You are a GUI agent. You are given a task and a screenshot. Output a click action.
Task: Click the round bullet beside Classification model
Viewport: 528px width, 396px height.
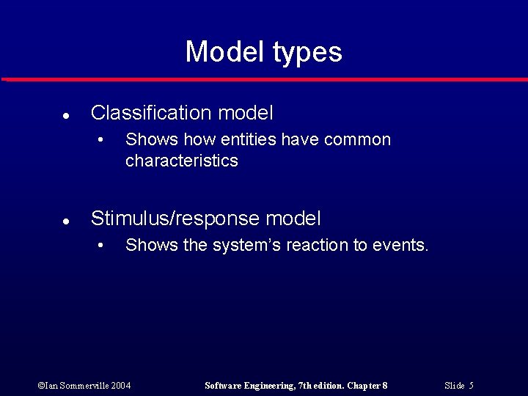pos(65,115)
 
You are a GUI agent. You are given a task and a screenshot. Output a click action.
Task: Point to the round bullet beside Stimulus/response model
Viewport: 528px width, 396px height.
pos(65,221)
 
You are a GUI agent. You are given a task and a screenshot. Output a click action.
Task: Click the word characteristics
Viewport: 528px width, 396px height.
pos(182,161)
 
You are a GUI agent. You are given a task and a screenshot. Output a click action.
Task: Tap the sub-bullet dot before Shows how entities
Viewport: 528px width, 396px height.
pos(103,140)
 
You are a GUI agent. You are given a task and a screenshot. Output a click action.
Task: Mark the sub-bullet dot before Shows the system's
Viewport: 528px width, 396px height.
pos(103,246)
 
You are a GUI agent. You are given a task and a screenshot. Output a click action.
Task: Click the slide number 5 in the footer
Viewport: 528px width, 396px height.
pos(471,385)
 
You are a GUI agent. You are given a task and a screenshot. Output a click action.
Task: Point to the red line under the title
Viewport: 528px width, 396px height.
pos(264,79)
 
